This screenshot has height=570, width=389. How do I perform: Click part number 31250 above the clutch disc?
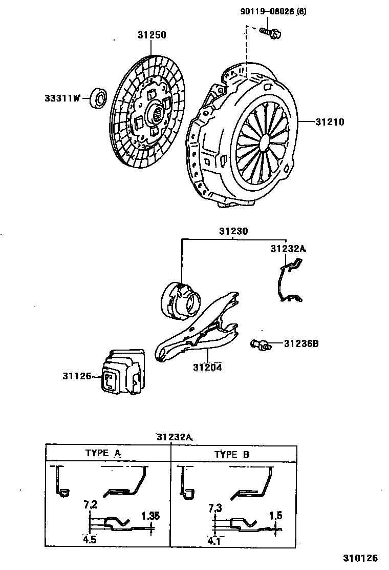click(x=152, y=36)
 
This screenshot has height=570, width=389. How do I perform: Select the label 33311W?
click(x=62, y=98)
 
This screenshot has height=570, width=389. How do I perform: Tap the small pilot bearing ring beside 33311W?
click(x=99, y=98)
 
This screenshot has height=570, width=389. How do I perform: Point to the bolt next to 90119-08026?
click(x=269, y=33)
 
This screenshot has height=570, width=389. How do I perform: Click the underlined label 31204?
click(x=207, y=368)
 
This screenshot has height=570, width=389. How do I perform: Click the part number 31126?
click(x=77, y=376)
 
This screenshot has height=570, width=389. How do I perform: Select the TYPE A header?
click(x=102, y=453)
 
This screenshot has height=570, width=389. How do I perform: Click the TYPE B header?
click(x=231, y=454)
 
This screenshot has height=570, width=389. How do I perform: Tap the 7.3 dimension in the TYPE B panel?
click(x=215, y=508)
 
